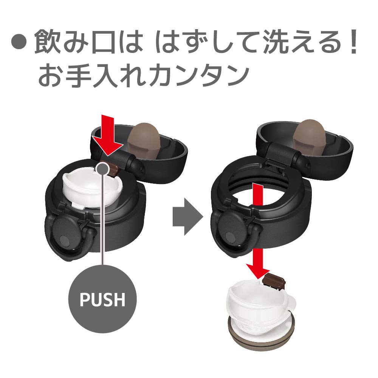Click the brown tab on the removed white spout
(274, 281)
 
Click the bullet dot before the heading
(19, 42)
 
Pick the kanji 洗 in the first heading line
(276, 41)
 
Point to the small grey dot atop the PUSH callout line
(102, 168)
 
